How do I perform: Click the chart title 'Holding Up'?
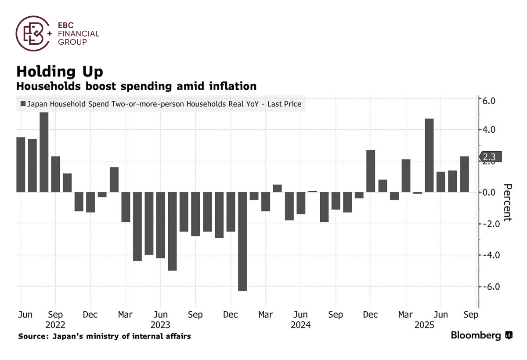click(60, 71)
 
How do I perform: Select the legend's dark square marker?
click(23, 105)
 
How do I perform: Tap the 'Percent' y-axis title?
click(507, 202)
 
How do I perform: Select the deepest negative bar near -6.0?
click(242, 241)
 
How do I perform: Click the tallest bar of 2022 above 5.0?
click(44, 152)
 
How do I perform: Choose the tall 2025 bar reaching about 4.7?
click(429, 155)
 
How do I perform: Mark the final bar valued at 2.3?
click(464, 174)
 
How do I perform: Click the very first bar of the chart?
click(21, 164)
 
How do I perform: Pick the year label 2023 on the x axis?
click(160, 325)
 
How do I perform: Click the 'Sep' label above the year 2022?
click(55, 315)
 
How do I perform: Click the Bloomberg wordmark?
click(476, 335)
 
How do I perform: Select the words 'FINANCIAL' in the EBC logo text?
click(79, 34)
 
